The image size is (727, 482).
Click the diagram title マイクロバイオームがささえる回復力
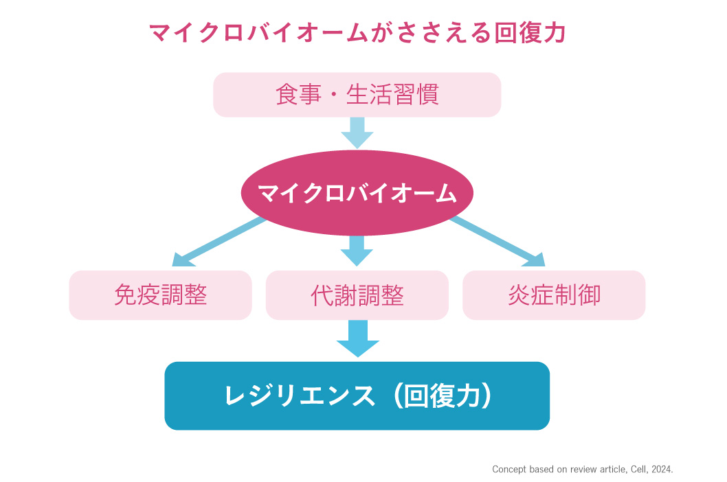(x=357, y=32)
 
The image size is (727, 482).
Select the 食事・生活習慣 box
(x=357, y=95)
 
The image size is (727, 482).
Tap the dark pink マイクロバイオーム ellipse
(x=357, y=193)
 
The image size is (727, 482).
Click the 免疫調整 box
(x=160, y=295)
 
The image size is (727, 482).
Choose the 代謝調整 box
(x=357, y=295)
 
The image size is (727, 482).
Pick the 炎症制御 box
(x=554, y=295)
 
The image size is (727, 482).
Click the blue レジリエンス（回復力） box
(x=357, y=396)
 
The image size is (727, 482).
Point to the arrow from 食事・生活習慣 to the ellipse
(x=357, y=133)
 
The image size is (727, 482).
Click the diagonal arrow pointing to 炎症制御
(x=498, y=242)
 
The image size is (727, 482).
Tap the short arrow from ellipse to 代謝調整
(x=357, y=250)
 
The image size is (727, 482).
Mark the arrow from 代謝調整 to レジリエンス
(x=357, y=338)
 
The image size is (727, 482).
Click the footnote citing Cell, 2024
(x=583, y=470)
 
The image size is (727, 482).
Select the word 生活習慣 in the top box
(x=392, y=95)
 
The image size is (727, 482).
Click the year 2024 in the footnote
(x=661, y=470)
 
